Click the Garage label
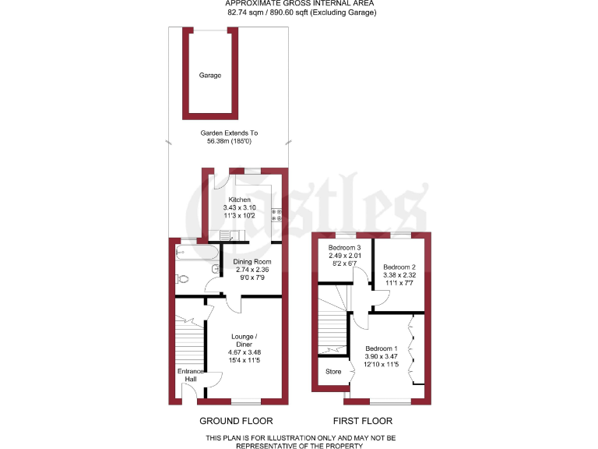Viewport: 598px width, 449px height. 209,76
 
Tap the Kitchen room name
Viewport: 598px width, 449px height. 240,200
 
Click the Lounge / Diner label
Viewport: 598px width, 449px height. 242,341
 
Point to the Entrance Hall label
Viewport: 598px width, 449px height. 190,375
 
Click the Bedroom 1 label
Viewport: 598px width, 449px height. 382,348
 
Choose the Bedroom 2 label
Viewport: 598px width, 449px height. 399,267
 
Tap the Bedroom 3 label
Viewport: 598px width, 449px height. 344,248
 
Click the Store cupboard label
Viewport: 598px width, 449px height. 332,372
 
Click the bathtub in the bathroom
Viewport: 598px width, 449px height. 195,251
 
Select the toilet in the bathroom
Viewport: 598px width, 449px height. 185,278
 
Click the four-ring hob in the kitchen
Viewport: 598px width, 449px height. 276,215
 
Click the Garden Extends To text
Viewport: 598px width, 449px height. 232,133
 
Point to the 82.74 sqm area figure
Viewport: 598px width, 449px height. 248,12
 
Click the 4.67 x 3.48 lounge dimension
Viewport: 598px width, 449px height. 242,352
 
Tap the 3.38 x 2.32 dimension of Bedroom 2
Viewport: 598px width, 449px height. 399,275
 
